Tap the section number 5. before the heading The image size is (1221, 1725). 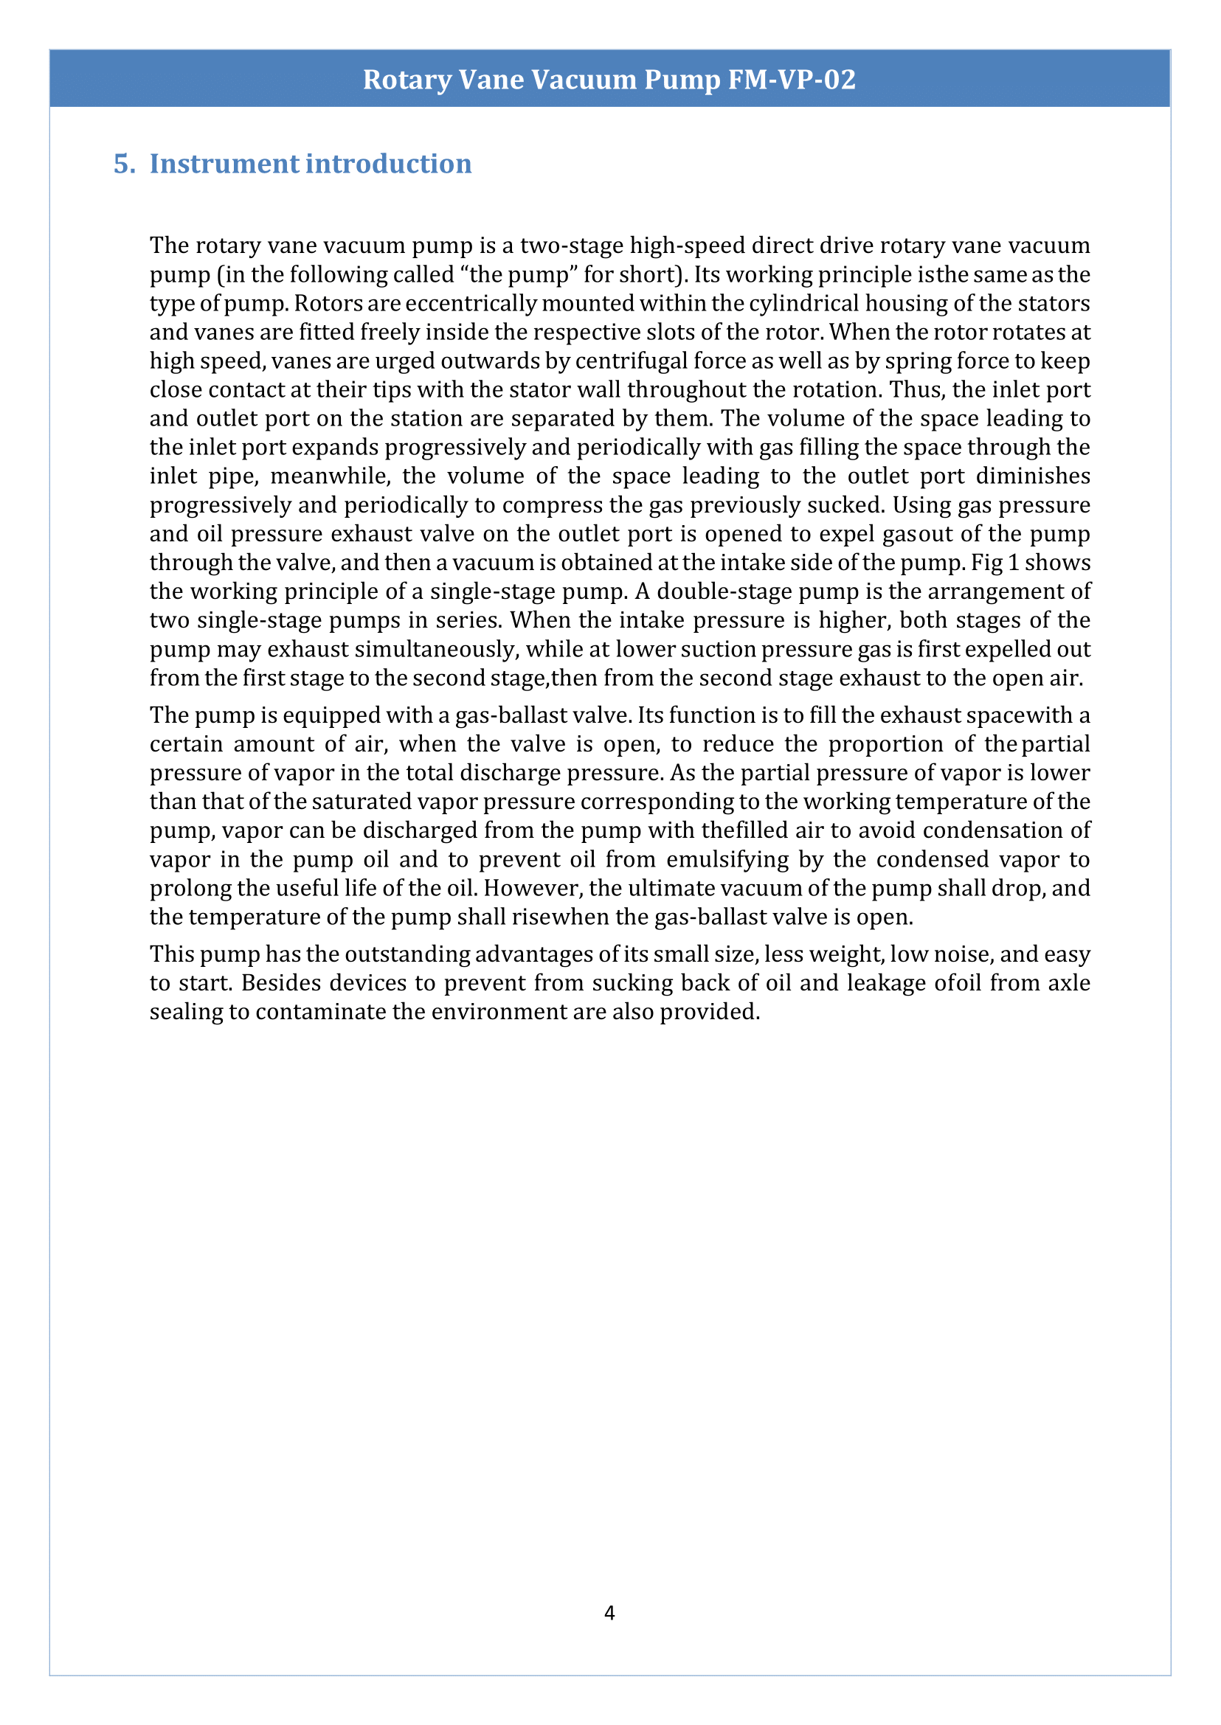click(124, 164)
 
